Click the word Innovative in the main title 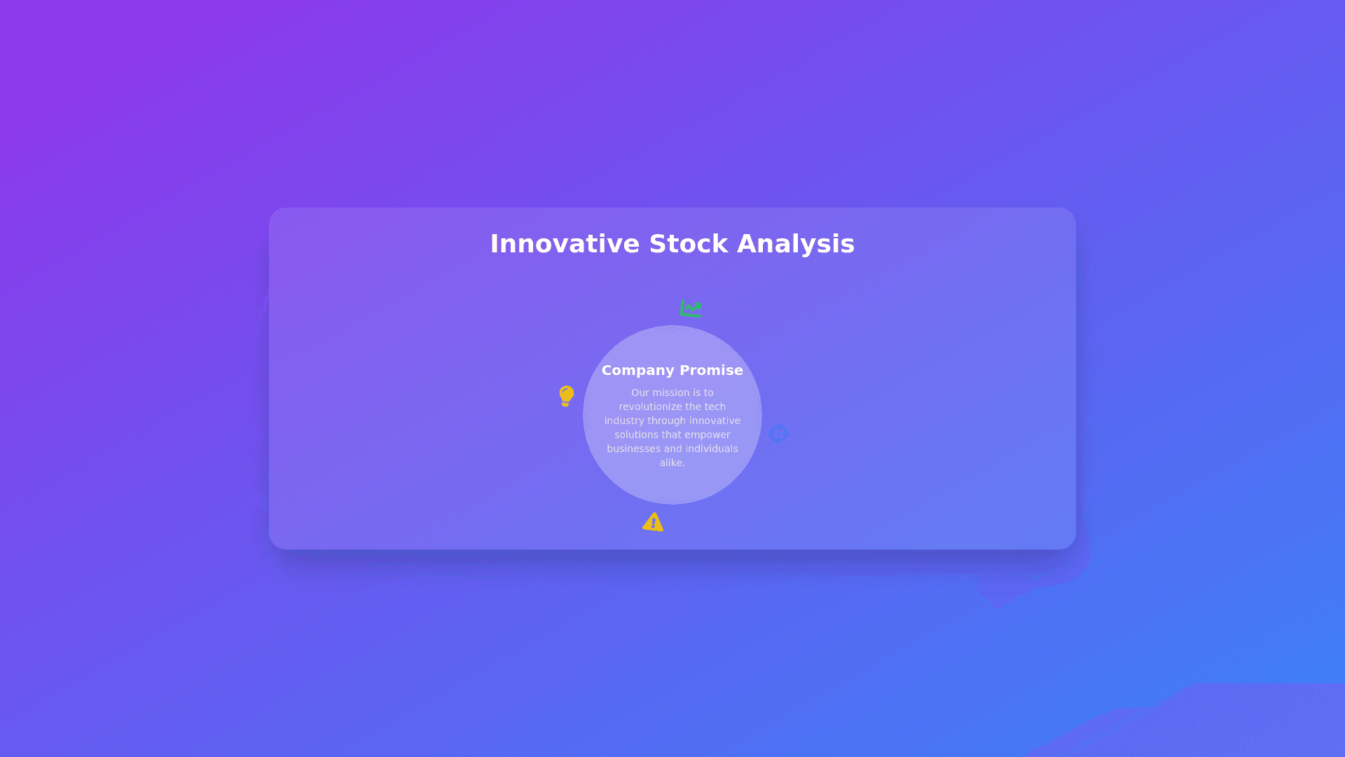coord(565,244)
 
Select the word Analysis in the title coord(796,245)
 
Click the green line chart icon coord(691,308)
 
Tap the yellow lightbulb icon coord(567,396)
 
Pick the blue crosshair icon coord(778,433)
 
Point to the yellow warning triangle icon coord(653,522)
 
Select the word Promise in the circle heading coord(712,370)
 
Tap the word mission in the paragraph coord(671,393)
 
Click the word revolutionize coord(651,407)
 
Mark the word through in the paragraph coord(668,421)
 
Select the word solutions coord(637,435)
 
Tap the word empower coord(708,435)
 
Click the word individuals coord(712,449)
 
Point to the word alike coord(672,463)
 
